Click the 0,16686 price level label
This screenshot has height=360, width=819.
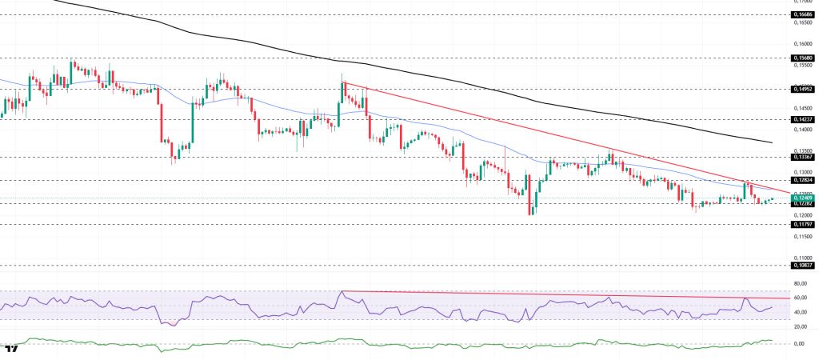802,14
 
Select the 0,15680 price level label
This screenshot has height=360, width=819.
802,58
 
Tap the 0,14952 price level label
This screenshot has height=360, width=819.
802,90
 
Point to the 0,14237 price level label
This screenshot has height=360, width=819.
802,118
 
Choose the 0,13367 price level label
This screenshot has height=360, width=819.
802,157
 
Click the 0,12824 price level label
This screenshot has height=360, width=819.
802,181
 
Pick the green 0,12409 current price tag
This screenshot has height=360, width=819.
802,198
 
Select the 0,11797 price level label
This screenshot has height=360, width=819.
802,225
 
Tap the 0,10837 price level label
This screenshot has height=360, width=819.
802,265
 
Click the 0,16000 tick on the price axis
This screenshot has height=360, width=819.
802,43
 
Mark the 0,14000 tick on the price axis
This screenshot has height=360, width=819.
802,129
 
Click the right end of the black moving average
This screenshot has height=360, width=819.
772,142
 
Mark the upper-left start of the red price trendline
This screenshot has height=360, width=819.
343,82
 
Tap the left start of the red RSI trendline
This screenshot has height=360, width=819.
342,291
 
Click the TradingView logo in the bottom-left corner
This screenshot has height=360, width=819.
10,350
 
